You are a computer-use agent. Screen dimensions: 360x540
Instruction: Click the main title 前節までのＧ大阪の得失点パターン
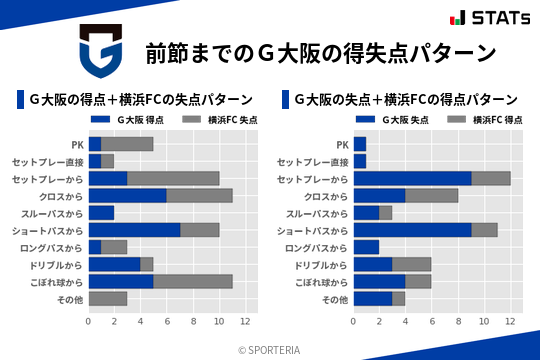(321, 52)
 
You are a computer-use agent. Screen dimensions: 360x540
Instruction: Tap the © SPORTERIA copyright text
(270, 349)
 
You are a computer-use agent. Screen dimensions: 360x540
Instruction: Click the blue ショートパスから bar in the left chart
(134, 230)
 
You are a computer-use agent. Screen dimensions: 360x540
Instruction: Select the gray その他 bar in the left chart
(108, 299)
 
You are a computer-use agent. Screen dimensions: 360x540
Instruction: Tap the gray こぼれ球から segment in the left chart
(193, 282)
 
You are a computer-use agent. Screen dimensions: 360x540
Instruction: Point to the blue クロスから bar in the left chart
(128, 195)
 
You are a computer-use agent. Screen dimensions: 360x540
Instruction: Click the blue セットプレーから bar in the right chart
(412, 178)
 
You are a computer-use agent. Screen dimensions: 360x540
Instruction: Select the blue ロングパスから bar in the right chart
(366, 247)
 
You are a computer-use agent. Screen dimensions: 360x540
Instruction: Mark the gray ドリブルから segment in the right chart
(412, 264)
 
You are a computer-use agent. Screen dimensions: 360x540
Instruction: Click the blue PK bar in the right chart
(359, 143)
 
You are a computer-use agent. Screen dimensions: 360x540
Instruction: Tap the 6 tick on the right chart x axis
(432, 322)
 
